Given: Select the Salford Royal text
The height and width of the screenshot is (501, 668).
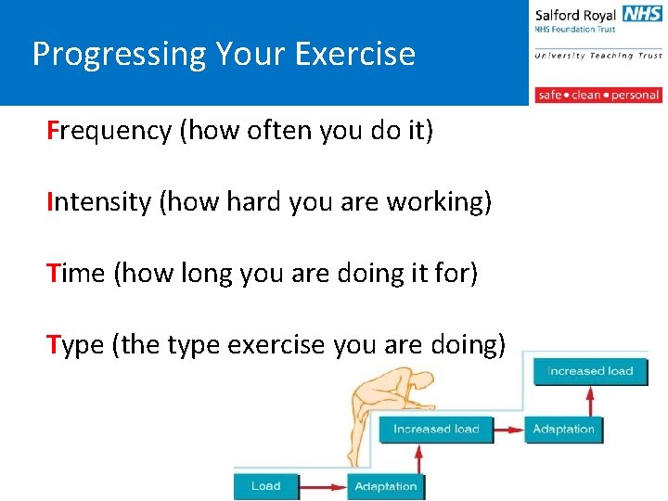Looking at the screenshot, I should [575, 14].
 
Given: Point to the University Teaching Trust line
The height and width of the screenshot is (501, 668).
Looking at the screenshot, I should [597, 56].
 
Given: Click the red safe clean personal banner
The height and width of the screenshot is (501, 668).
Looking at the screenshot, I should [597, 95].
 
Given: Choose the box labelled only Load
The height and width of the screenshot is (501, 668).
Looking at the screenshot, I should [265, 486].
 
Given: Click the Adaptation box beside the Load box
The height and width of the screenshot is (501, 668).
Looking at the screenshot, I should [385, 486].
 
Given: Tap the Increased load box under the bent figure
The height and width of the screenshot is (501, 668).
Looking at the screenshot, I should [436, 429].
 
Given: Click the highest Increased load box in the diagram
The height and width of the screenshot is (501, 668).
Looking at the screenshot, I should [590, 371].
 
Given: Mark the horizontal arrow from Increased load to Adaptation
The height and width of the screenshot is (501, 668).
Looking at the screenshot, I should [508, 430].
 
